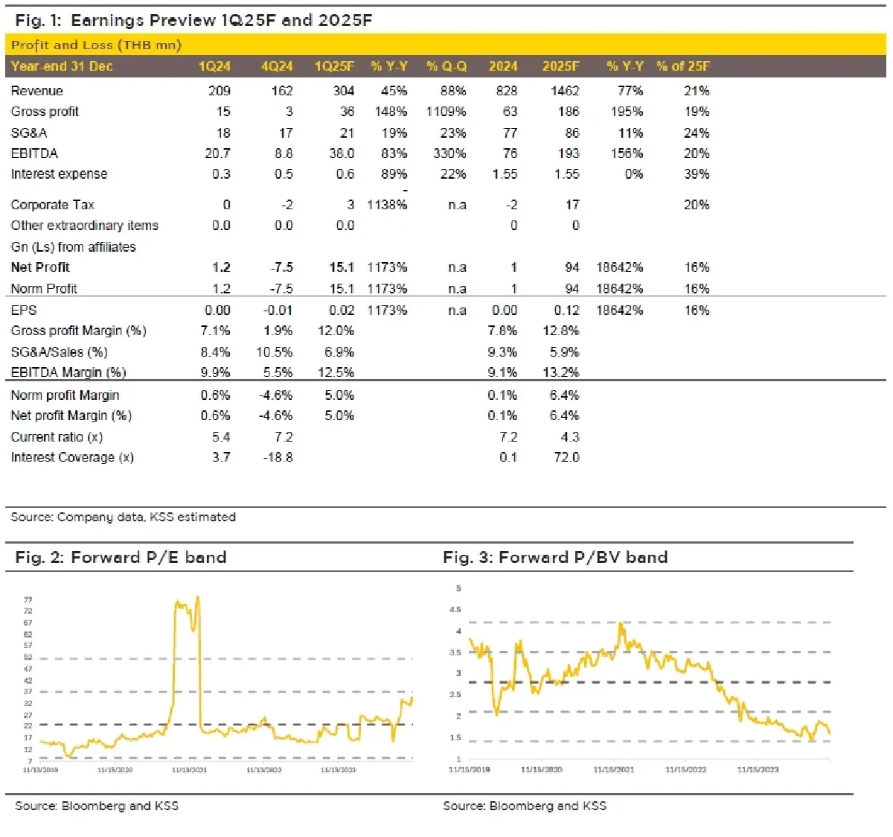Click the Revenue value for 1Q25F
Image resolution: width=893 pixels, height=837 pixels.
[x=343, y=91]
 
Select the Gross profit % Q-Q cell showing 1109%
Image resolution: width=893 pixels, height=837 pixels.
[x=446, y=112]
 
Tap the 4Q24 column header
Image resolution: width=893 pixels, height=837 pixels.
[x=277, y=66]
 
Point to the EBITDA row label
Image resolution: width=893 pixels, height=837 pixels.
[x=34, y=153]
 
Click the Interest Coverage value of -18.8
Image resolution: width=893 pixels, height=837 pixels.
[x=278, y=457]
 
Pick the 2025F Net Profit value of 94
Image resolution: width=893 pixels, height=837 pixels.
[x=572, y=267]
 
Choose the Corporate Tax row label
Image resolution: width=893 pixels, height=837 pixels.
[x=52, y=205]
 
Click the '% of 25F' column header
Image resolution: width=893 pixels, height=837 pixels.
[x=682, y=66]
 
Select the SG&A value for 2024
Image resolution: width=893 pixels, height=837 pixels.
[x=510, y=133]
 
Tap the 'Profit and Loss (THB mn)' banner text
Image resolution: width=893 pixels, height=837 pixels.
[x=96, y=45]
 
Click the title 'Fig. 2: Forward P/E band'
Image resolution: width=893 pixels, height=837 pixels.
[x=121, y=557]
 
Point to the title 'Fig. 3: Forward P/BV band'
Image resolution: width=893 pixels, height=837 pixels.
[x=555, y=557]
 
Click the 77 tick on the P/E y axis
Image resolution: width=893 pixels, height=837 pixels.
[x=28, y=599]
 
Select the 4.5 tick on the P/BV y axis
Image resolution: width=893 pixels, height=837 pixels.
[x=455, y=610]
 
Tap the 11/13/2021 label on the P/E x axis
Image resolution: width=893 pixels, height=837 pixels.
[x=189, y=769]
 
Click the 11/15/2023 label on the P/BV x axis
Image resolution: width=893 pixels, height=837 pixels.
[x=758, y=769]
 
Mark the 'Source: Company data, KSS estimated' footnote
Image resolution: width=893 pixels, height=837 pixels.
[x=123, y=517]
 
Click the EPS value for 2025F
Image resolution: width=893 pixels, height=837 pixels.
[x=566, y=311]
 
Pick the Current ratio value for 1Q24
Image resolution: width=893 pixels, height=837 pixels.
[x=221, y=437]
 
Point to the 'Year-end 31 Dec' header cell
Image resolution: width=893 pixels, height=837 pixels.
[x=62, y=66]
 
